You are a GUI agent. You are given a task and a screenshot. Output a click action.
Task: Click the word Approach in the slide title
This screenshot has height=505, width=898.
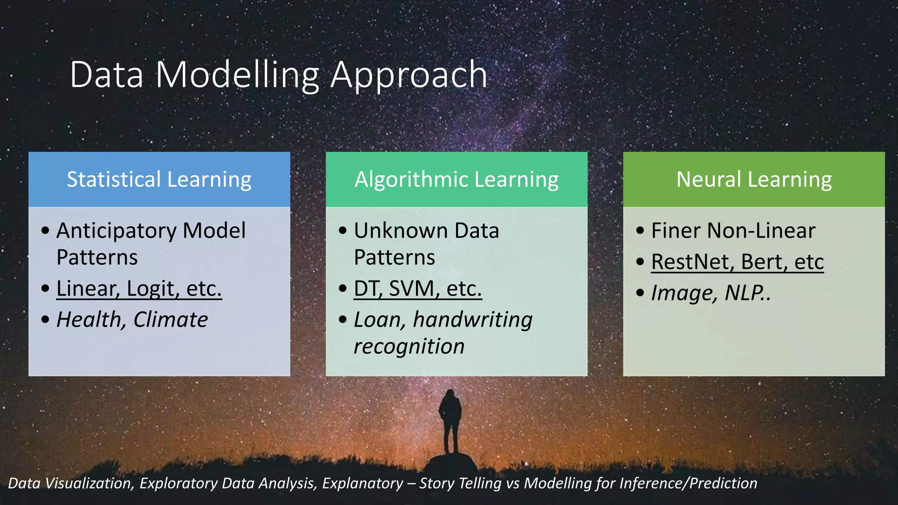click(408, 75)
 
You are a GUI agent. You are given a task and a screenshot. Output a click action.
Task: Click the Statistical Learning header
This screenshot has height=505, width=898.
click(159, 180)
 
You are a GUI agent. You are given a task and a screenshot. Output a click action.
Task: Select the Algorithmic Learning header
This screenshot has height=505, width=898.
click(456, 180)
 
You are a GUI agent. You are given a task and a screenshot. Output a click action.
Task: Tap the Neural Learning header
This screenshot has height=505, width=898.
click(754, 180)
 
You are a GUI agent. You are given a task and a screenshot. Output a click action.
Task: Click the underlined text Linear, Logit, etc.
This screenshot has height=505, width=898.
click(139, 288)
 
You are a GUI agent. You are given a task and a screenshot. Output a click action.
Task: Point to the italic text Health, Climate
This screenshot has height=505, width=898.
click(132, 320)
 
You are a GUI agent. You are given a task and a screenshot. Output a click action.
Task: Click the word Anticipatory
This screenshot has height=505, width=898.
click(116, 231)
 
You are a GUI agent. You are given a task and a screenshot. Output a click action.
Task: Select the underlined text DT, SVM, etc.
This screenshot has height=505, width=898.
click(417, 288)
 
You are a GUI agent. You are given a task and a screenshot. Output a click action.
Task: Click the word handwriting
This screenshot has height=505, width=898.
click(472, 320)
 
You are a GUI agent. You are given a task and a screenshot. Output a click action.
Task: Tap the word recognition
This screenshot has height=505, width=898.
click(409, 347)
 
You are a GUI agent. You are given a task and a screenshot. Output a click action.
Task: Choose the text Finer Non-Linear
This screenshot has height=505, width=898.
click(733, 231)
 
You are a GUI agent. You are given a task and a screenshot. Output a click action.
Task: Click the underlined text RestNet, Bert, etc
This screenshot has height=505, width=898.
click(737, 262)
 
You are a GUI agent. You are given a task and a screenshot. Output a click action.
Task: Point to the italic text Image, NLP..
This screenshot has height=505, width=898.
click(710, 293)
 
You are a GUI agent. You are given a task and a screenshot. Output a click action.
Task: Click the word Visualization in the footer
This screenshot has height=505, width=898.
click(89, 483)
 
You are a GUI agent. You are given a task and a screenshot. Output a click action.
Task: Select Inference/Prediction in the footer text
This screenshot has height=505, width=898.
click(688, 483)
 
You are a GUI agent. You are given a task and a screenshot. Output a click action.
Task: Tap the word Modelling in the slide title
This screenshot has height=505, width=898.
click(237, 75)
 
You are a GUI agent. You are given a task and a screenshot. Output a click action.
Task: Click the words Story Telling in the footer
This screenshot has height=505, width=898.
click(460, 483)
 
